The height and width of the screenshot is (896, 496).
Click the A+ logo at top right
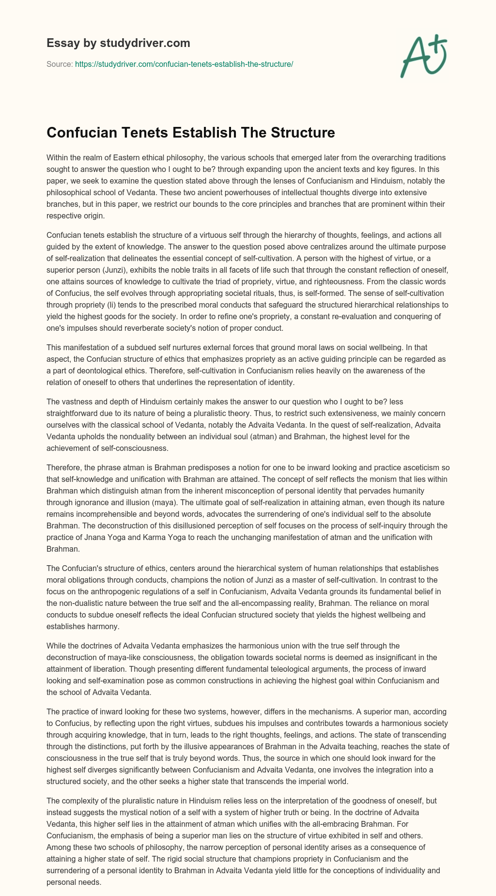(x=424, y=57)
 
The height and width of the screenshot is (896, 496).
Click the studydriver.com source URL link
(x=184, y=64)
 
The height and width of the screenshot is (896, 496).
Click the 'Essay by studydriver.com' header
(x=118, y=43)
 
